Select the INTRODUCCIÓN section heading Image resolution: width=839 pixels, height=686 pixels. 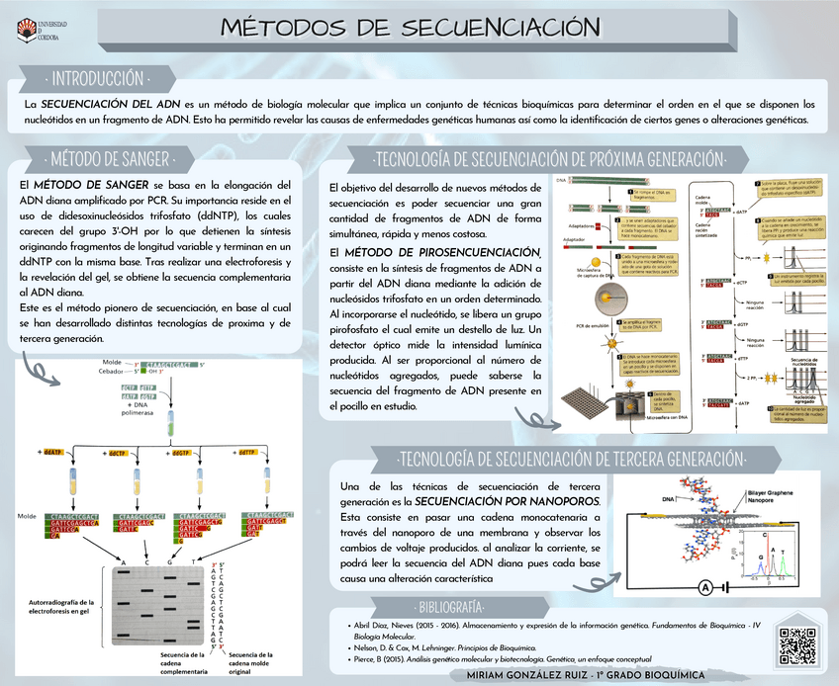[99, 78]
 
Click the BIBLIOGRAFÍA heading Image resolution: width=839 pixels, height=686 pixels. [450, 605]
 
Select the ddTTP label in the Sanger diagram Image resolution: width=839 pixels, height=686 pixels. [251, 452]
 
